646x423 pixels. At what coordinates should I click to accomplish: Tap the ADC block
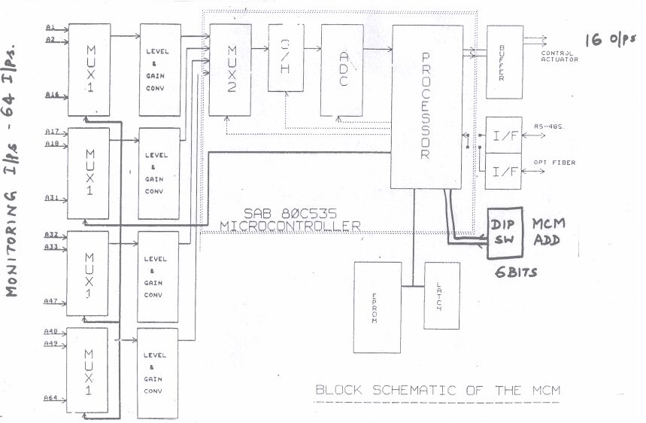coord(342,69)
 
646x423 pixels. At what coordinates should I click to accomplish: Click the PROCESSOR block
coord(425,105)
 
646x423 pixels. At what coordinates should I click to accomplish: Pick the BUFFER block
coord(505,62)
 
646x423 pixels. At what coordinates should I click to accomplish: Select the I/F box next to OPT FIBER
coord(503,172)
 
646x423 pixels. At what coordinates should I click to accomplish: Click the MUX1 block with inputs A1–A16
coord(89,70)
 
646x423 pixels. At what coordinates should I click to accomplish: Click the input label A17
coord(52,130)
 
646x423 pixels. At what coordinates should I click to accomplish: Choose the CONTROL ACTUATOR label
coord(559,55)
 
